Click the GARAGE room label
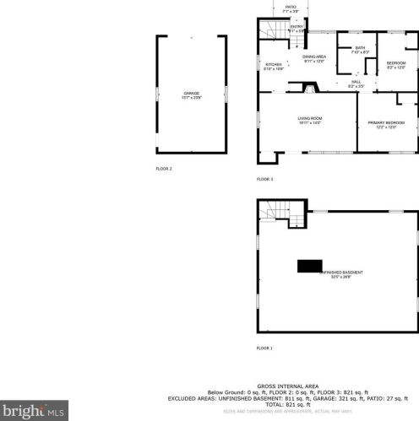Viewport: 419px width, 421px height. click(191, 94)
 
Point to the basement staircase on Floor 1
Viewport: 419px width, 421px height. click(272, 212)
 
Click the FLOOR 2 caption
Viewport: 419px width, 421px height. click(164, 169)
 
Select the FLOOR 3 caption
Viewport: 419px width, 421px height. click(265, 179)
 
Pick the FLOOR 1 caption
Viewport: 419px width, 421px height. click(265, 348)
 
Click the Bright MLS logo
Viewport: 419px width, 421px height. click(34, 412)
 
